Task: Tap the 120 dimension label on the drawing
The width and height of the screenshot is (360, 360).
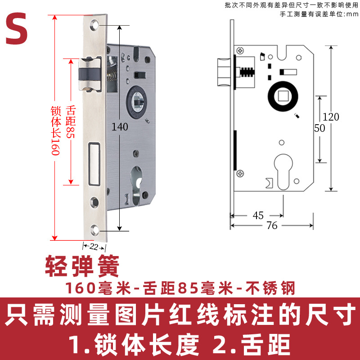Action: tap(331, 117)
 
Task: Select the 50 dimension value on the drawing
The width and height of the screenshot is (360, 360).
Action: tap(319, 128)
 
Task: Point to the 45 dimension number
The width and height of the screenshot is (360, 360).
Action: tap(258, 216)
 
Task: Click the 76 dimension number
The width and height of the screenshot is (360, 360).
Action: tap(272, 226)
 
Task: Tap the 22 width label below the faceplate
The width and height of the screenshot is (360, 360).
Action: tap(94, 246)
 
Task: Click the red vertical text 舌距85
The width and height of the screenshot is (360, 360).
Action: tap(70, 121)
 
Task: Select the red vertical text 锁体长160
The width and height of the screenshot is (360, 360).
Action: tap(55, 131)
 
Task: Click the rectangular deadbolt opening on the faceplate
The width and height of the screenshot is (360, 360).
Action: tap(94, 164)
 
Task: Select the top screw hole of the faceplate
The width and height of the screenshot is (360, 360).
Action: tap(94, 27)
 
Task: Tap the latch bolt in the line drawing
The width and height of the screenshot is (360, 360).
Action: tap(225, 72)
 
